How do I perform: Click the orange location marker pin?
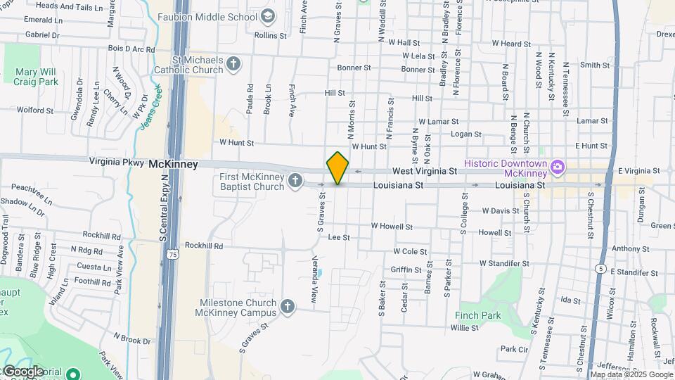337,167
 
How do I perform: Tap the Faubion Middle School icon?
267,16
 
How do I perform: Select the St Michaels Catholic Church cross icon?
234,65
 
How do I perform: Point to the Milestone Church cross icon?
287,307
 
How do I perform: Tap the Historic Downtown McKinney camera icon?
558,167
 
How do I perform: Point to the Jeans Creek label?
150,106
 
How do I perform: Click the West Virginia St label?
425,171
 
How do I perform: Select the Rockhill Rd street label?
203,246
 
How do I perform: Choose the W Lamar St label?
438,122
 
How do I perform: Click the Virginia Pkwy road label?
117,161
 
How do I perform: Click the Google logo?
23,371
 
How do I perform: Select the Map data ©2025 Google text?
630,374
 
